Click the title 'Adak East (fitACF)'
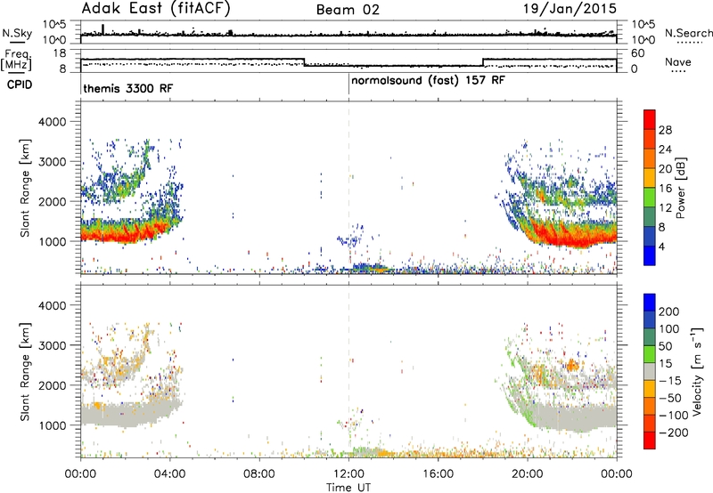pyautogui.click(x=156, y=9)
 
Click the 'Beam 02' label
pyautogui.click(x=348, y=10)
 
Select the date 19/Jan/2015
pyautogui.click(x=570, y=9)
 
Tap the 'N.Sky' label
pyautogui.click(x=17, y=33)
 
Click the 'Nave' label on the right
pyautogui.click(x=678, y=61)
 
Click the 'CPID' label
pyautogui.click(x=20, y=85)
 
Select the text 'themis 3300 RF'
pyautogui.click(x=127, y=88)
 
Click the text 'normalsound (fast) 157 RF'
pyautogui.click(x=428, y=81)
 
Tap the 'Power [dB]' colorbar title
pyautogui.click(x=680, y=188)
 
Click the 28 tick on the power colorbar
pyautogui.click(x=665, y=130)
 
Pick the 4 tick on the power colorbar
pyautogui.click(x=661, y=246)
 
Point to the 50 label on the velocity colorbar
pyautogui.click(x=665, y=346)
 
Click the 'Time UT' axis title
pyautogui.click(x=348, y=488)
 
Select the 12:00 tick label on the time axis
pyautogui.click(x=348, y=474)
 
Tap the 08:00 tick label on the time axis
pyautogui.click(x=259, y=474)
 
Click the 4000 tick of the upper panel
pyautogui.click(x=53, y=122)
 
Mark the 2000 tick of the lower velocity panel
pyautogui.click(x=53, y=385)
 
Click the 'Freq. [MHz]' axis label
pyautogui.click(x=16, y=61)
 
